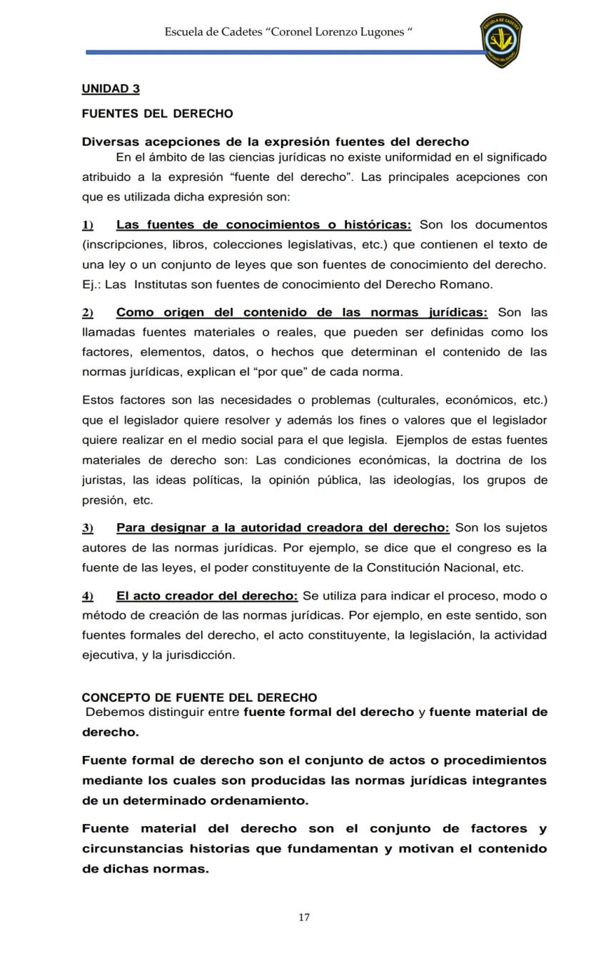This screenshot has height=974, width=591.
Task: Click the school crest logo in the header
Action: [501, 40]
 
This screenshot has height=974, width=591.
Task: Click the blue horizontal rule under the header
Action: [286, 52]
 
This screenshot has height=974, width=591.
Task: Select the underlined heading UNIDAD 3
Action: [111, 89]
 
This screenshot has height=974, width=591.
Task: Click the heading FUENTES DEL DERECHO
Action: [157, 114]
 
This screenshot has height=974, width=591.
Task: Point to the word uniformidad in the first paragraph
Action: [403, 157]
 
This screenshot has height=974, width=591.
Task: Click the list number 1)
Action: [87, 225]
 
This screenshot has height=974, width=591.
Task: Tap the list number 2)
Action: [87, 313]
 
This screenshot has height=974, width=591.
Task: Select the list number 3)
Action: [87, 528]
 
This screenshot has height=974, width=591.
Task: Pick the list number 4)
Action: [87, 596]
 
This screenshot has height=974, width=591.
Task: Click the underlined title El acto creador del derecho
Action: [207, 596]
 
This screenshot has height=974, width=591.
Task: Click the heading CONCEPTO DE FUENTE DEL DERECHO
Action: [199, 697]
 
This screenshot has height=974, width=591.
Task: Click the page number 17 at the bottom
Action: [304, 918]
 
